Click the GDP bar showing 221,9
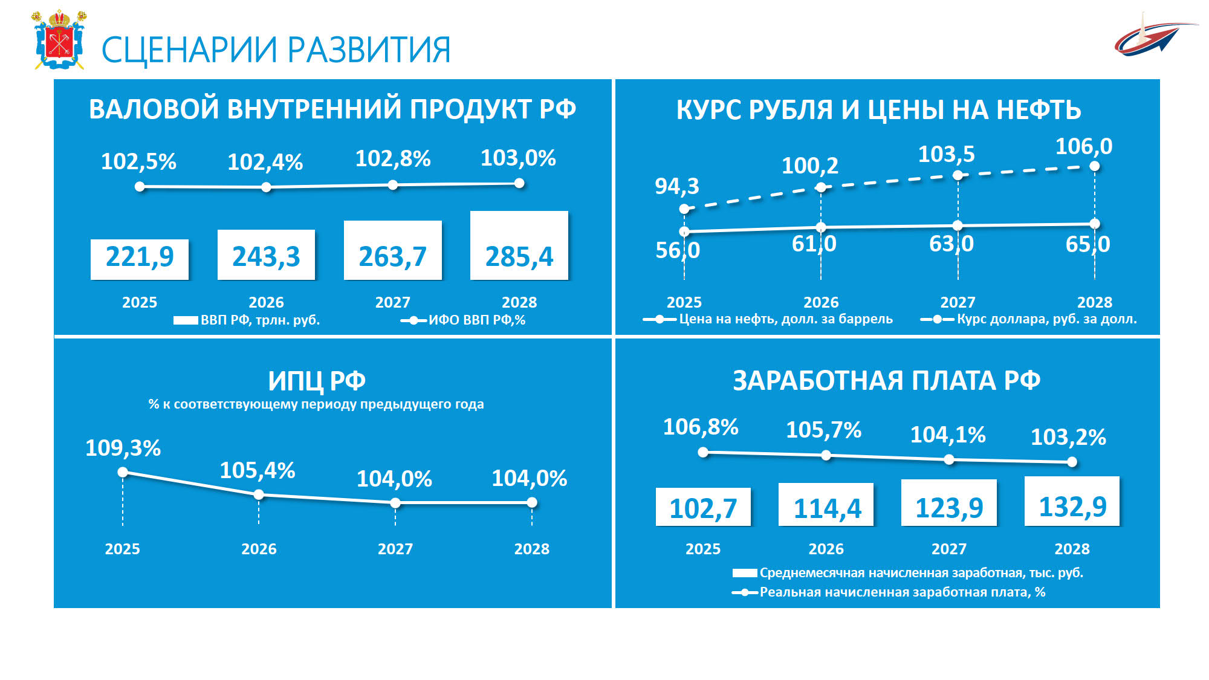coord(140,259)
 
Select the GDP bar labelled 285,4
coord(519,246)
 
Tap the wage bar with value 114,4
coord(826,505)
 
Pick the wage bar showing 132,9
coord(1072,501)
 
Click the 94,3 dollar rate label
coord(676,186)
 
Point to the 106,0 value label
coord(1083,146)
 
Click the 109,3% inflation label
coord(123,448)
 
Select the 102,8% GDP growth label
coord(393,159)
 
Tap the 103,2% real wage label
coord(1068,437)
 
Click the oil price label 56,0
coord(678,250)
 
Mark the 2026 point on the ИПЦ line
coord(259,495)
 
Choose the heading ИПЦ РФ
coord(317,381)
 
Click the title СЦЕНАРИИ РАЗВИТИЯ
coord(276,50)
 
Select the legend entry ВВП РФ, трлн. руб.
coord(247,320)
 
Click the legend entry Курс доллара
coord(1029,319)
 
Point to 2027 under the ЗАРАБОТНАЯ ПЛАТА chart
coord(948,549)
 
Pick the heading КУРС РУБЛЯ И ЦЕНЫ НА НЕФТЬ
coord(878,110)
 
